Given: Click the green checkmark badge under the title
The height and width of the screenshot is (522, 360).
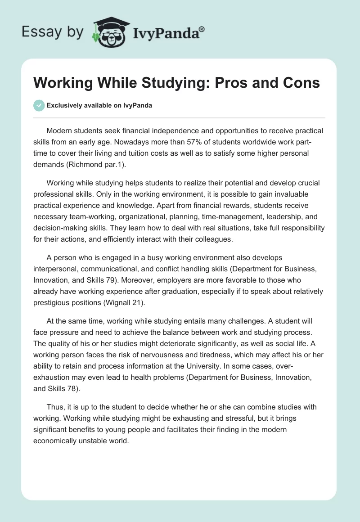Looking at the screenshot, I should coord(39,105).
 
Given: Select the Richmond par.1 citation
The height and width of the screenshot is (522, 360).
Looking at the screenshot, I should coord(102,165).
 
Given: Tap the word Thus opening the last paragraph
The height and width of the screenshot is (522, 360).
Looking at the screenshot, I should coord(54,407).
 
